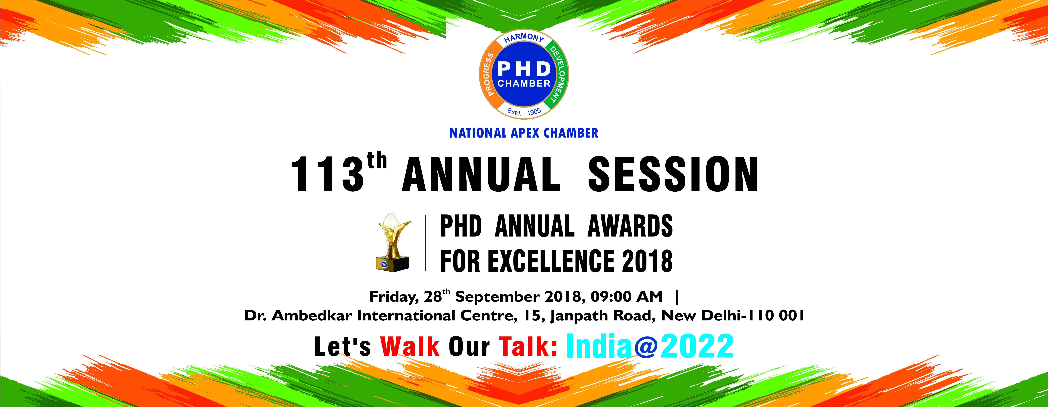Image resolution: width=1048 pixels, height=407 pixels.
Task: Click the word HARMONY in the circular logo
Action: click(524, 37)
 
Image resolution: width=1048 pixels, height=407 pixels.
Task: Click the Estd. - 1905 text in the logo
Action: click(524, 111)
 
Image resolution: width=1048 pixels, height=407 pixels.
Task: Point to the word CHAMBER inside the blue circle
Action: click(524, 83)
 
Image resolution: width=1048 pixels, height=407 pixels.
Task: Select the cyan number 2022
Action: click(697, 346)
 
